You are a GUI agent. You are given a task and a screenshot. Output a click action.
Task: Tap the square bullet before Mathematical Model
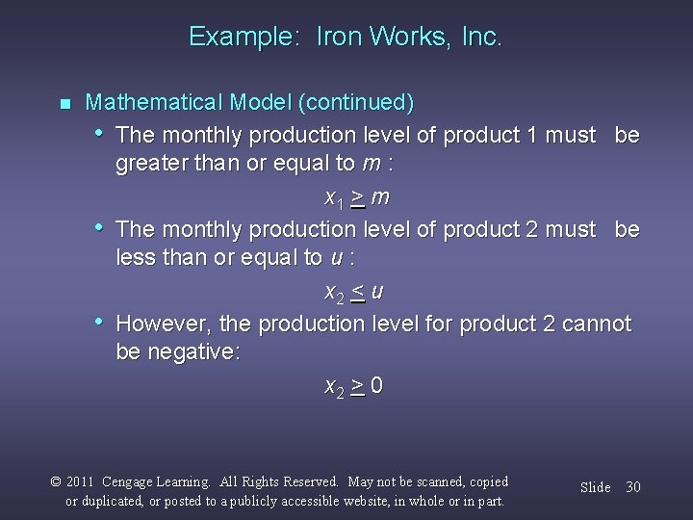point(64,103)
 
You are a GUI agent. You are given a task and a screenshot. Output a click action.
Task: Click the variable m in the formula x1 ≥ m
point(380,197)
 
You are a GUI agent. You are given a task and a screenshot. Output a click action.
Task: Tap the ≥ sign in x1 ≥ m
point(357,197)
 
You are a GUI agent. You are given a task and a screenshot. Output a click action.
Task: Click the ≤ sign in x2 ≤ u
point(357,292)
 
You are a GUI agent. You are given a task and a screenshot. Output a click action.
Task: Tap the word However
point(164,324)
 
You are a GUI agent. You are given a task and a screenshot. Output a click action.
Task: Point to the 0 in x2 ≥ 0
point(377,386)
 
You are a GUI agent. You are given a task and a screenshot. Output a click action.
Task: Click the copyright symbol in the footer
point(56,481)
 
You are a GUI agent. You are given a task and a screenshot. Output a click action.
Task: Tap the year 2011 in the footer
point(84,481)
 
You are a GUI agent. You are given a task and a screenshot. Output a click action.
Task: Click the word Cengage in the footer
point(136,481)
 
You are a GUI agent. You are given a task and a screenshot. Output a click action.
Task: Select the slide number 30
point(632,487)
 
